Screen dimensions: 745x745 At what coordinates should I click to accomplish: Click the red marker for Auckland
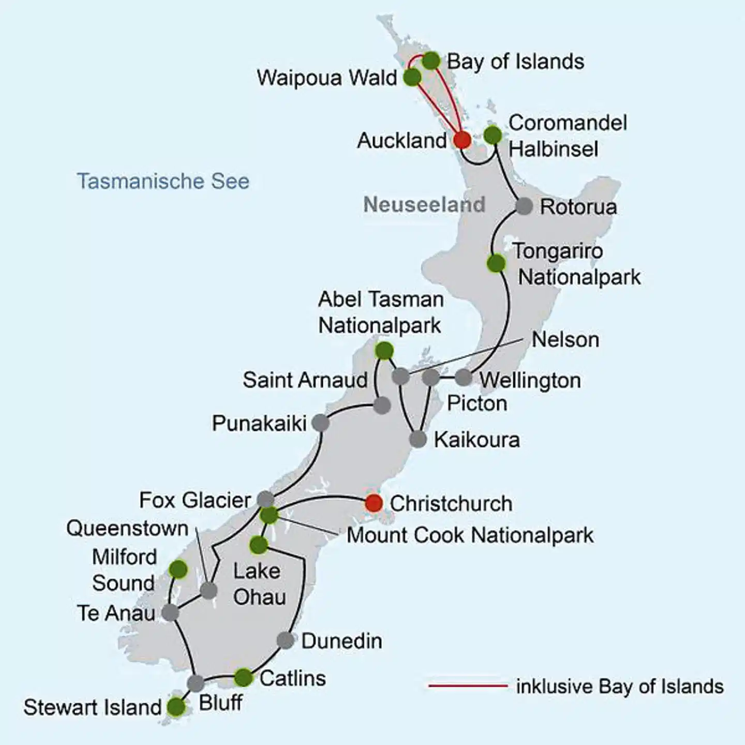tap(462, 140)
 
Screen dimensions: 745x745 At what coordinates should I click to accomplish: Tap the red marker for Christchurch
tap(374, 503)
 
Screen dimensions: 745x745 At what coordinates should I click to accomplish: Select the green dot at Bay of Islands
tap(431, 61)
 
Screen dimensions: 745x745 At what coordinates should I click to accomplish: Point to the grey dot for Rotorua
tap(524, 206)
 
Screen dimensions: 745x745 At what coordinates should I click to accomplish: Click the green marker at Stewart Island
tap(176, 706)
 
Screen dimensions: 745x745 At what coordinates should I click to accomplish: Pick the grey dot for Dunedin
tap(286, 640)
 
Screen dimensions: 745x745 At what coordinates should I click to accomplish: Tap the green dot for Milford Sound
tap(178, 570)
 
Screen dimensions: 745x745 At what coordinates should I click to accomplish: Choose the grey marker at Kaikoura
tap(418, 440)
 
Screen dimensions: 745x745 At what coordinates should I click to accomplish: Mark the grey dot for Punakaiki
tap(320, 423)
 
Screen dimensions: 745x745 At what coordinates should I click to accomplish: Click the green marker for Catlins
tap(243, 677)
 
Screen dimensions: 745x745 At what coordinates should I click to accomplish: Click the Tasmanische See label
tap(163, 181)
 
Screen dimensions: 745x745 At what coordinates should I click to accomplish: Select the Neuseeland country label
tap(424, 204)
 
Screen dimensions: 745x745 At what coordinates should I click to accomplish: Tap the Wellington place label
tap(530, 380)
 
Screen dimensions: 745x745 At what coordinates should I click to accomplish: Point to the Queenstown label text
tap(127, 528)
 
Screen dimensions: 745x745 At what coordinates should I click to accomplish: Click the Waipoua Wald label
tap(327, 78)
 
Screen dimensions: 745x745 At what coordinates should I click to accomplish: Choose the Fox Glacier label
tap(195, 500)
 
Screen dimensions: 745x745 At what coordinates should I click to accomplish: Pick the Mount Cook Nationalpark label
tap(470, 535)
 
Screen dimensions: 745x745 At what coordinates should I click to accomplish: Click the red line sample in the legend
tap(468, 686)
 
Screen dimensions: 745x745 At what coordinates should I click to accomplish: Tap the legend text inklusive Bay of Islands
tap(620, 687)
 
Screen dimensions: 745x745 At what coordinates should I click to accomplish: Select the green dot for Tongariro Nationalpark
tap(496, 263)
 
